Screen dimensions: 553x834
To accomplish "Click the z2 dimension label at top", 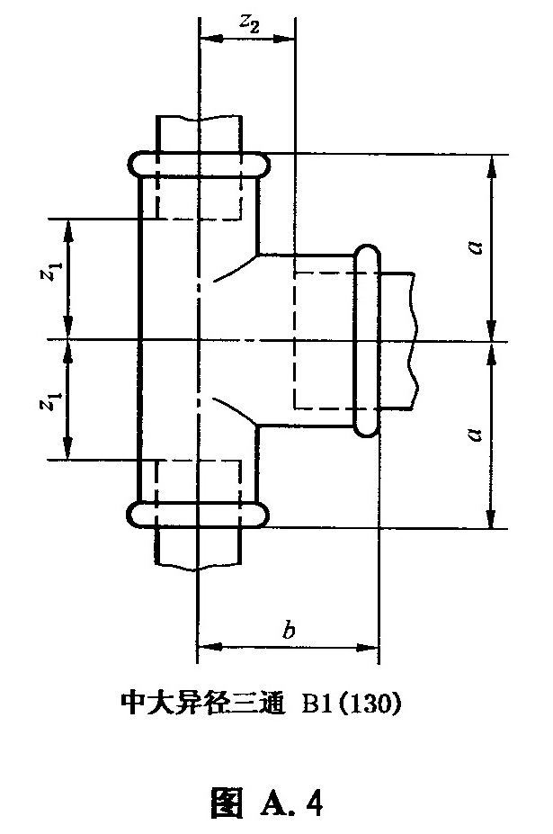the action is pos(249,22).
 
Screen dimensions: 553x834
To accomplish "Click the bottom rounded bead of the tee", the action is pos(197,515).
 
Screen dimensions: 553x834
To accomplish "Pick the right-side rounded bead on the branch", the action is pos(368,340).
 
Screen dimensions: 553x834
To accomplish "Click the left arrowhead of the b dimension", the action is pos(209,647).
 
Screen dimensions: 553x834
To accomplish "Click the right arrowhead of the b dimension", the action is pos(367,647).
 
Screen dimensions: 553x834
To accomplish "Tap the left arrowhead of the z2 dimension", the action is pos(211,39).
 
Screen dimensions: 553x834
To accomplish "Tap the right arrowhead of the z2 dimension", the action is pos(284,39).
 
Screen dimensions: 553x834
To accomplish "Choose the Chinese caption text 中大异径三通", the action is pos(202,704).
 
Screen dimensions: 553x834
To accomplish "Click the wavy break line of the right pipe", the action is pos(412,340).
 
